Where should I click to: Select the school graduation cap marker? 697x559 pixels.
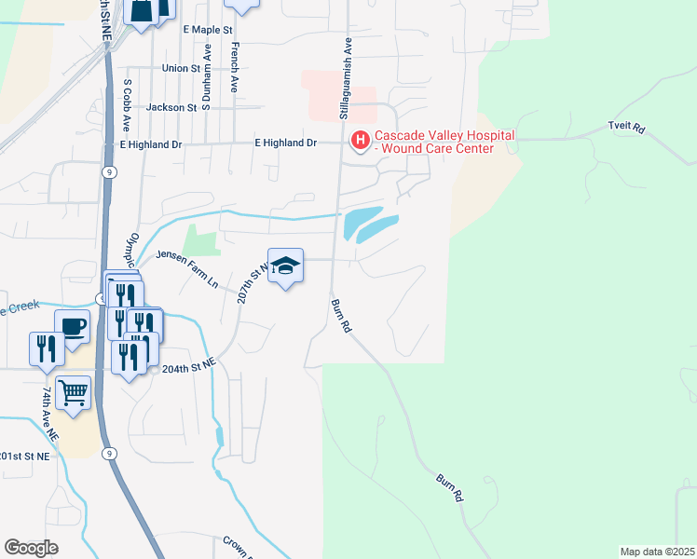tap(285, 266)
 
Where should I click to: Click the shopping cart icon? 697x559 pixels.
tap(73, 391)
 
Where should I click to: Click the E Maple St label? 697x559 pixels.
tap(208, 30)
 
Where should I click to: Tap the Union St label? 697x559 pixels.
tap(181, 68)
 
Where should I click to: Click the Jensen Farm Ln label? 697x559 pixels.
tap(186, 269)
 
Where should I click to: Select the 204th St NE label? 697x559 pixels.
tap(189, 369)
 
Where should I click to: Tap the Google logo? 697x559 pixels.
tap(32, 547)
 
